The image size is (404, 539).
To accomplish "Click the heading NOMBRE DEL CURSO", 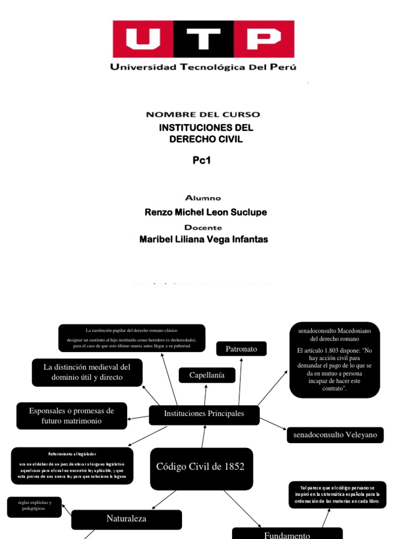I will [x=203, y=114].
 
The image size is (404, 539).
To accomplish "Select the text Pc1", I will [x=201, y=161].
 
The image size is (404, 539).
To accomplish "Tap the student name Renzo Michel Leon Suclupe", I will [x=206, y=212].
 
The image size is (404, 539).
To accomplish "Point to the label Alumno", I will [x=203, y=198].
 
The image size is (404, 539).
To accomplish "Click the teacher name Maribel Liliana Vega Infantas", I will [x=204, y=239].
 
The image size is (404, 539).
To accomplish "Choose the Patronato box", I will [x=241, y=349].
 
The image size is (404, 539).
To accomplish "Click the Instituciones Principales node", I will [x=204, y=414].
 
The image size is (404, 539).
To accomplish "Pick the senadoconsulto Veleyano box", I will [x=335, y=435].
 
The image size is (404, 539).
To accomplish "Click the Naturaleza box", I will [x=126, y=520].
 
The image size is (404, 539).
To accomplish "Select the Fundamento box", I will [x=287, y=534].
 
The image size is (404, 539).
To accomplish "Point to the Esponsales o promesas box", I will [x=72, y=415].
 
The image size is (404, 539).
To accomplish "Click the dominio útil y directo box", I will [x=87, y=372].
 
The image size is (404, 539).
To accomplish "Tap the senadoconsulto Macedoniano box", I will [x=335, y=360].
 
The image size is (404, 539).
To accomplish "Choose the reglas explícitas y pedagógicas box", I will [x=35, y=507].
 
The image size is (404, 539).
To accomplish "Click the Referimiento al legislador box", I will [x=72, y=465].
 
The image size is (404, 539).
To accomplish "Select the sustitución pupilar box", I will [x=132, y=338].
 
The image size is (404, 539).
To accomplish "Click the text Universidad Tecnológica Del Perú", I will [x=203, y=67].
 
